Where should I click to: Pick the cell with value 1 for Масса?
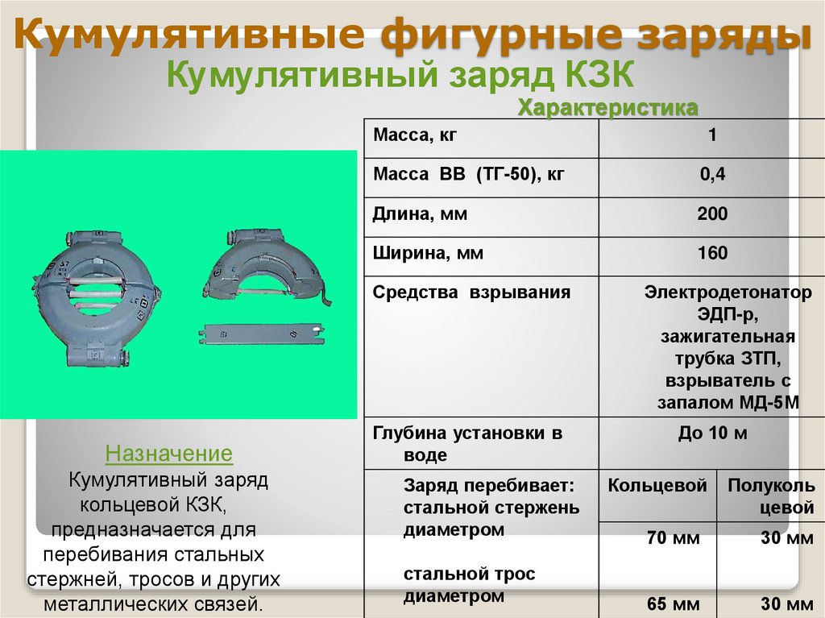pos(712,136)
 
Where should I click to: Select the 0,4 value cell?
pos(712,175)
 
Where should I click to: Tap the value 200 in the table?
pos(712,214)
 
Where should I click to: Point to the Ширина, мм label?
pos(428,254)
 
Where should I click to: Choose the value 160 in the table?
pos(712,254)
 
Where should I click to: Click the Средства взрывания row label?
pos(472,292)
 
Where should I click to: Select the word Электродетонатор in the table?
pos(728,292)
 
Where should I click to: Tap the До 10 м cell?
pos(712,434)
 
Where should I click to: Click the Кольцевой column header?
pos(657,486)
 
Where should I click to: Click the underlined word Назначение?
pos(169,454)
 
